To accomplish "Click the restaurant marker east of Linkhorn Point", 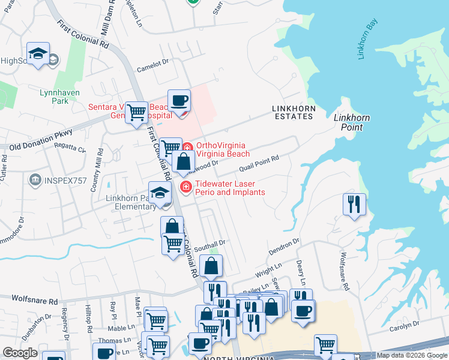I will click(x=354, y=203).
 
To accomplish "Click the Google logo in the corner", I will click(x=20, y=353).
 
